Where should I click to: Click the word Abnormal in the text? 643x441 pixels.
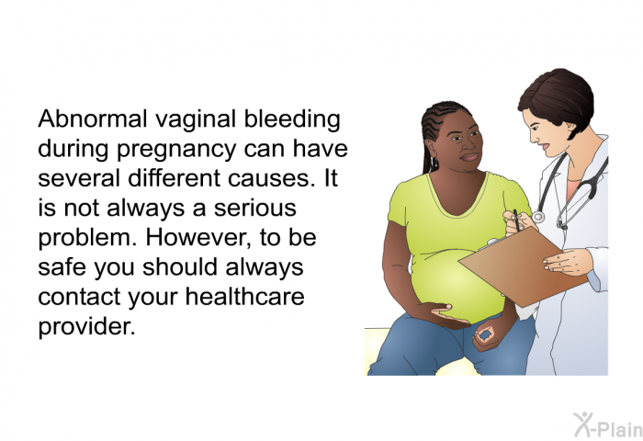tap(93, 119)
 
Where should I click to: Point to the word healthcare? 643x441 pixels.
tap(245, 296)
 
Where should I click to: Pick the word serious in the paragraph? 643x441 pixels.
tap(255, 208)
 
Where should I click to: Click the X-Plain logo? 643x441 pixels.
tap(608, 425)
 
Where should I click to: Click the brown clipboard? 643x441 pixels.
tap(522, 266)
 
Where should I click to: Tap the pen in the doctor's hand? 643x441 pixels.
tap(516, 220)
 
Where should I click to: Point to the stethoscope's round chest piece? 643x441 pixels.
tap(538, 217)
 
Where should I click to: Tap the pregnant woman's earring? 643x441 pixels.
tap(432, 164)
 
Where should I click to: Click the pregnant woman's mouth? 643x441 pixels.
tap(468, 157)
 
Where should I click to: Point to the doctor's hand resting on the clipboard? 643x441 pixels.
tap(568, 262)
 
